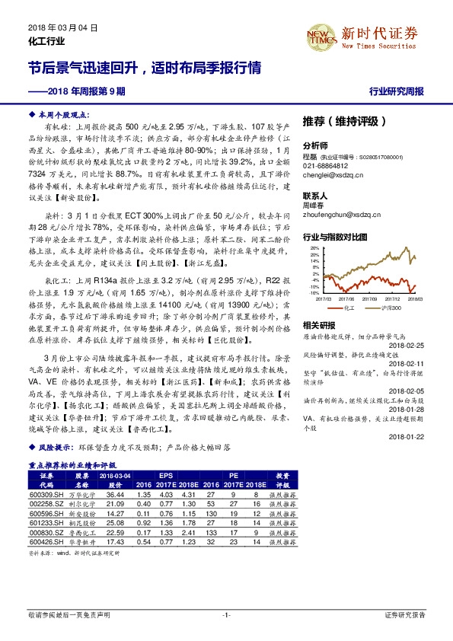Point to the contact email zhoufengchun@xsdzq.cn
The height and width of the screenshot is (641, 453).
point(341,214)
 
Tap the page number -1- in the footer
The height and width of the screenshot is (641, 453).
point(226,614)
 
